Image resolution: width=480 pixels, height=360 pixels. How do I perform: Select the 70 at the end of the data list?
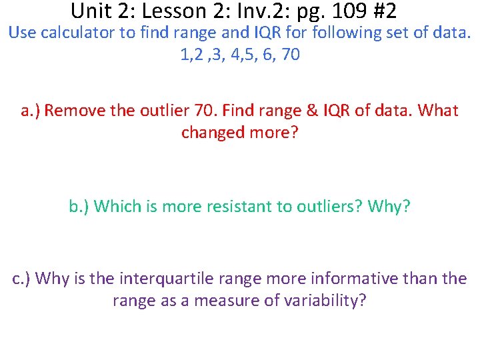(x=291, y=55)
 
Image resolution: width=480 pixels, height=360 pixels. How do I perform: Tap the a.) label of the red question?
(x=31, y=110)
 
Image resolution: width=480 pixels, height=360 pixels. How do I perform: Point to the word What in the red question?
(x=437, y=110)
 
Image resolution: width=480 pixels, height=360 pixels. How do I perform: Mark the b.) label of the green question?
(x=79, y=206)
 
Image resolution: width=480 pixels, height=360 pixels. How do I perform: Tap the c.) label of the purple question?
(x=22, y=278)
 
